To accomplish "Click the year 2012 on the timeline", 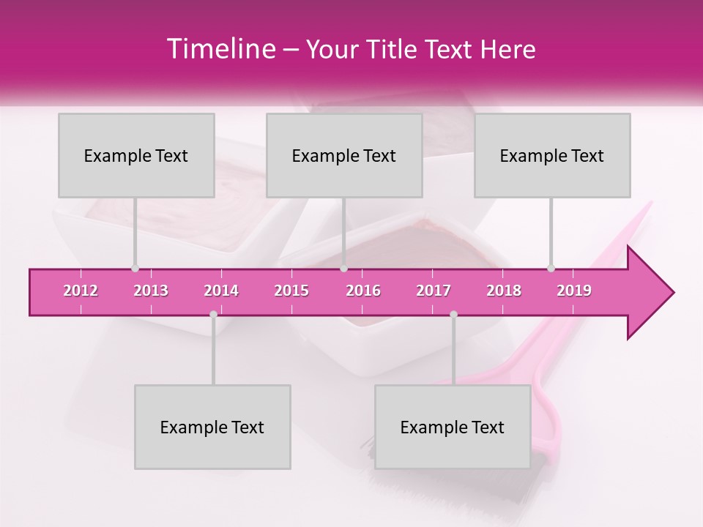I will point(81,291).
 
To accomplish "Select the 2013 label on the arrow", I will point(151,291).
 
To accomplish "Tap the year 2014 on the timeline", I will point(221,291).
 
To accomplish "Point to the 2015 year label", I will point(291,291).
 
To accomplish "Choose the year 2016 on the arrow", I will point(363,291).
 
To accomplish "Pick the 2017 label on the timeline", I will point(434,291).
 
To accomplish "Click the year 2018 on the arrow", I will point(504,291).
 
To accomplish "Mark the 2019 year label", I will point(574,291).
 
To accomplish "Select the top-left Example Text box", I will point(136,155).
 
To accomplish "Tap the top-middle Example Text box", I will point(344,155).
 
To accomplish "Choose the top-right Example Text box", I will point(552,155).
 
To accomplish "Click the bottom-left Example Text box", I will point(212,427).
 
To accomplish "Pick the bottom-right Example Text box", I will point(453,427).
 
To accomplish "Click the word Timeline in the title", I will point(220,49).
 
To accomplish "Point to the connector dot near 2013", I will point(135,269).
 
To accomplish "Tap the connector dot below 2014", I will point(213,314).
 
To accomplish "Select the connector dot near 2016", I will point(344,269).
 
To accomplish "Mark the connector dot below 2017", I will point(453,314).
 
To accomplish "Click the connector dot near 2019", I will point(551,269).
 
